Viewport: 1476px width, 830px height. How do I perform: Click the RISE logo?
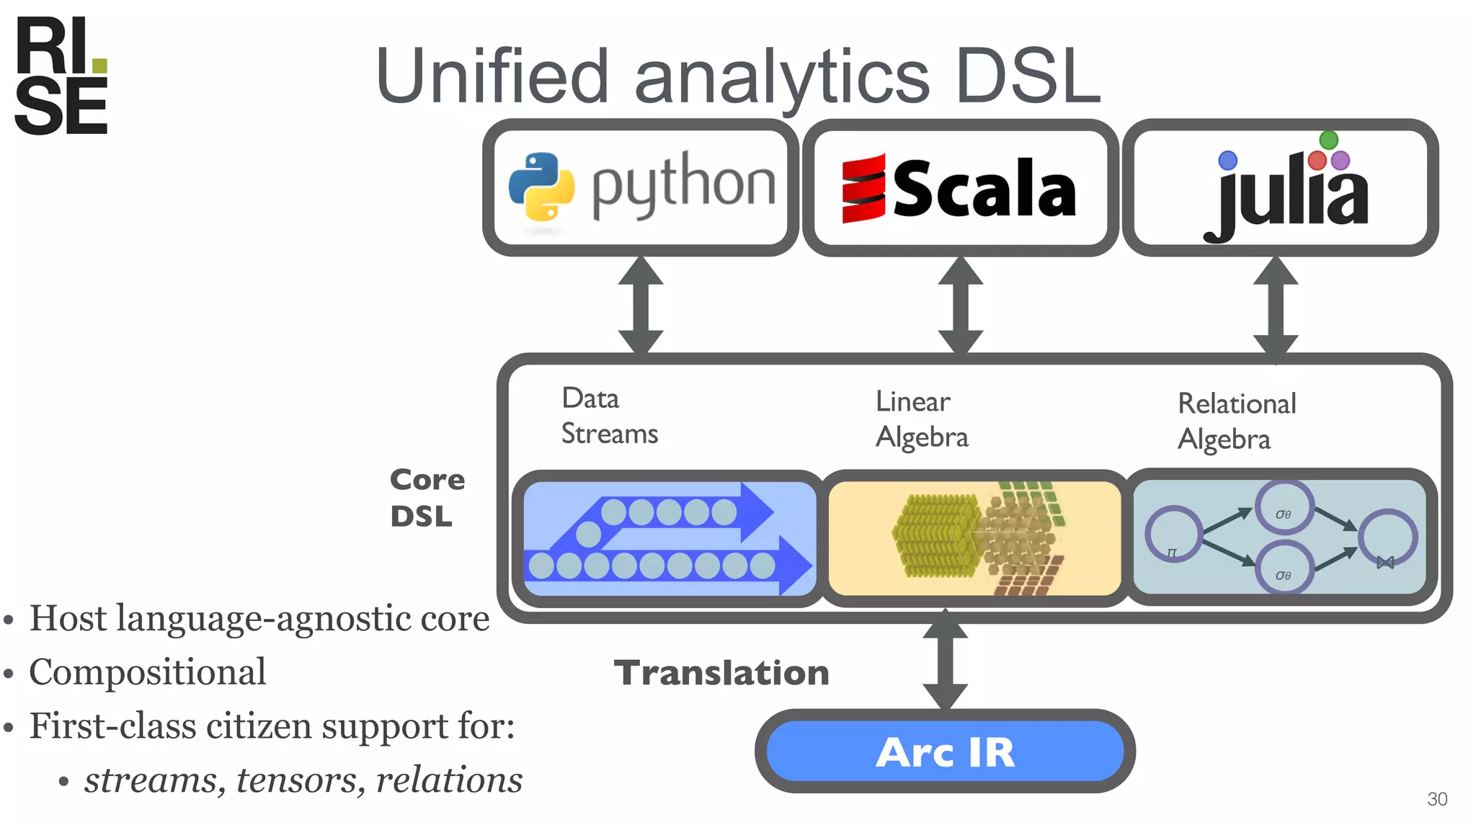pyautogui.click(x=61, y=76)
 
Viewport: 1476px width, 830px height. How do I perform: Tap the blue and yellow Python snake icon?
pyautogui.click(x=541, y=186)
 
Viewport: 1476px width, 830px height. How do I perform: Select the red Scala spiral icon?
pyautogui.click(x=863, y=189)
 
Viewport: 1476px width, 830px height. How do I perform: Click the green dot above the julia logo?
pyautogui.click(x=1328, y=140)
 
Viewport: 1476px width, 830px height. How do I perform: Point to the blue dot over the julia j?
pyautogui.click(x=1227, y=160)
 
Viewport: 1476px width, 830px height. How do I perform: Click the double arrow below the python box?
pyautogui.click(x=641, y=305)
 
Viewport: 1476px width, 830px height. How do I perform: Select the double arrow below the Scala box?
pyautogui.click(x=960, y=305)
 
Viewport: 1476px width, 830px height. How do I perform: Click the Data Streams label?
pyautogui.click(x=609, y=416)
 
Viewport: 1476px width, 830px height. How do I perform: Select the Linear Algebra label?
pyautogui.click(x=921, y=419)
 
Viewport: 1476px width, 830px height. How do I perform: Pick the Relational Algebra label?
pyautogui.click(x=1236, y=421)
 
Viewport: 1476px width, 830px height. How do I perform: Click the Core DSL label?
pyautogui.click(x=427, y=497)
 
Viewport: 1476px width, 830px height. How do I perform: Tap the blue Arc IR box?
pyautogui.click(x=945, y=751)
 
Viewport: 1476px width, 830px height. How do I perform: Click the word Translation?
pyautogui.click(x=721, y=673)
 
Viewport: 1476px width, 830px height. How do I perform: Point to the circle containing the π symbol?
pyautogui.click(x=1173, y=535)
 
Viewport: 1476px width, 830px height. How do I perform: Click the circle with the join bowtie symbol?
pyautogui.click(x=1387, y=537)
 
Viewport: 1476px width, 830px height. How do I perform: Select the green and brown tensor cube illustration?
pyautogui.click(x=978, y=537)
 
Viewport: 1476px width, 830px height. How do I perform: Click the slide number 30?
pyautogui.click(x=1436, y=799)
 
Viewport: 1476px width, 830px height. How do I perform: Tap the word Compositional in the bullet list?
pyautogui.click(x=148, y=672)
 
